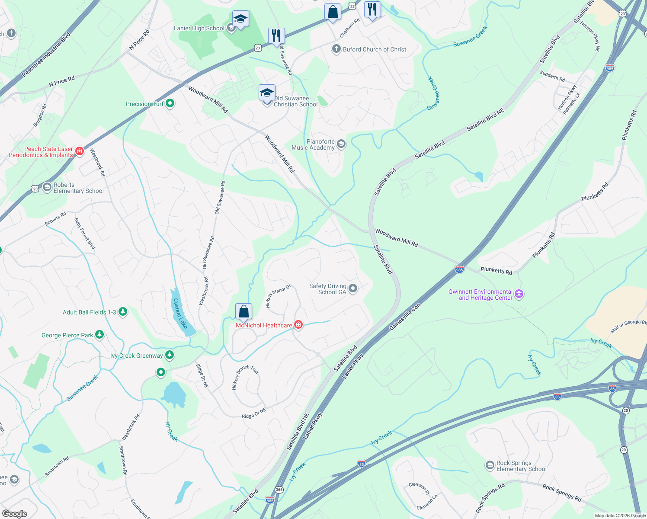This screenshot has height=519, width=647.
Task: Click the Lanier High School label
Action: [x=199, y=29]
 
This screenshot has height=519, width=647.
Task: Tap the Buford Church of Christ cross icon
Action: [x=336, y=49]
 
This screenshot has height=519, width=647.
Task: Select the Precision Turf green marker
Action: [x=170, y=103]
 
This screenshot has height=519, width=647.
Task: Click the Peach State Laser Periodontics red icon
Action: [x=79, y=151]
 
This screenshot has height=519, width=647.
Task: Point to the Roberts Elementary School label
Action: [x=78, y=188]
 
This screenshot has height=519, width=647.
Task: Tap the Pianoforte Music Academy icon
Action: [x=341, y=144]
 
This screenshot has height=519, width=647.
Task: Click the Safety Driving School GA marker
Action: [x=353, y=288]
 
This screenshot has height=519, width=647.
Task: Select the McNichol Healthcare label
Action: [x=264, y=325]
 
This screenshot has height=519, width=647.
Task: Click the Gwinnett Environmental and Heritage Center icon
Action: [x=519, y=295]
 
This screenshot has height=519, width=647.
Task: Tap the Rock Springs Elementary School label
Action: [x=521, y=466]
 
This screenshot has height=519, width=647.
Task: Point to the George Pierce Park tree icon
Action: [x=100, y=335]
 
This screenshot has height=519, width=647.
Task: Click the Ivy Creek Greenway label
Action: [x=137, y=356]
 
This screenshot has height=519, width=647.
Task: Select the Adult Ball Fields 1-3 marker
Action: [x=123, y=312]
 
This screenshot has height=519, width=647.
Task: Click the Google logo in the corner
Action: [x=14, y=514]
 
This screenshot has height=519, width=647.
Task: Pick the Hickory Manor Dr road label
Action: [x=278, y=296]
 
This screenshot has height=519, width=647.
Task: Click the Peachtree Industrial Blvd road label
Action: [x=46, y=55]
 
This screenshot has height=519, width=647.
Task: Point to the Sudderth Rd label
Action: [x=552, y=76]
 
